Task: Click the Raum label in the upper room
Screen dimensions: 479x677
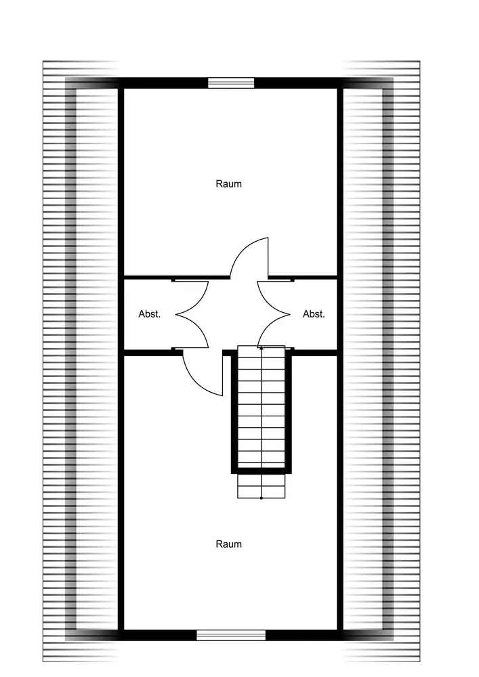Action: point(228,184)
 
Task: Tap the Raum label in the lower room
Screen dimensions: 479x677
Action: point(228,544)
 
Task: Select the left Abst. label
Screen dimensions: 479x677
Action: point(150,314)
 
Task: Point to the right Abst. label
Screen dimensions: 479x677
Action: point(314,314)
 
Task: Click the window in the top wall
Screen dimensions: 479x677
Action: point(231,83)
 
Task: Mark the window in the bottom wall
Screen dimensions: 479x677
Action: point(231,635)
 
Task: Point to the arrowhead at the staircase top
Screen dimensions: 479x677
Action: point(262,347)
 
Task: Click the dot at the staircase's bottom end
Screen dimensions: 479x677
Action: point(262,498)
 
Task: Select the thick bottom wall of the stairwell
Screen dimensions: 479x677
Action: point(262,471)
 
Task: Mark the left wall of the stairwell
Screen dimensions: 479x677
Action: point(234,412)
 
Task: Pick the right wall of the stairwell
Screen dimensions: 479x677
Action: point(288,412)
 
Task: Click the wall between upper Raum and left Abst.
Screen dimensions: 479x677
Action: point(177,277)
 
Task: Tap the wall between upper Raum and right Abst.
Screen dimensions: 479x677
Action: point(302,277)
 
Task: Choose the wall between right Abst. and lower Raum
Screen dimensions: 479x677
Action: point(314,352)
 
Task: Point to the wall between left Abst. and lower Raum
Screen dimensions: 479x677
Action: point(153,352)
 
